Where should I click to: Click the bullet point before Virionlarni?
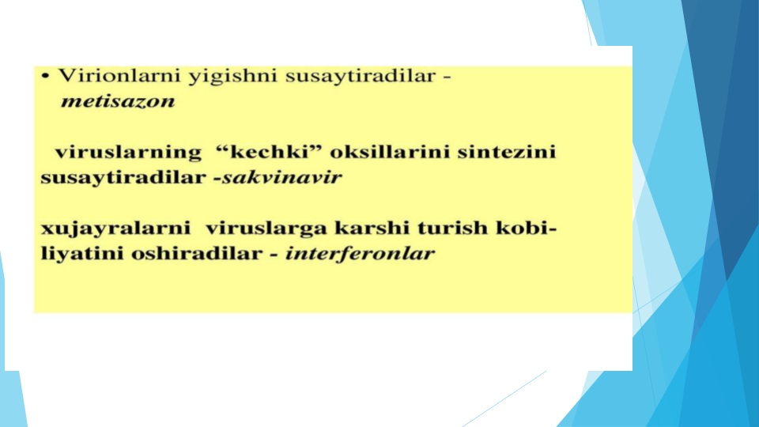point(46,76)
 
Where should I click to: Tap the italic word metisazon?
point(118,101)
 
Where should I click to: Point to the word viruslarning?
point(128,153)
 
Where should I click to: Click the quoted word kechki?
point(269,152)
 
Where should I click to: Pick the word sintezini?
point(507,152)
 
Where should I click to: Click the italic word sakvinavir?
point(282,177)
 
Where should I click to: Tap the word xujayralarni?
point(115,229)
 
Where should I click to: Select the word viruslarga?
point(266,229)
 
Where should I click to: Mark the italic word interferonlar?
point(361,253)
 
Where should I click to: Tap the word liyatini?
point(82,254)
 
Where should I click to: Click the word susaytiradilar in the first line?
point(361,77)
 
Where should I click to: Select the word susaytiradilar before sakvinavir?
point(123,178)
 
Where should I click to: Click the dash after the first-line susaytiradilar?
point(447,77)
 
